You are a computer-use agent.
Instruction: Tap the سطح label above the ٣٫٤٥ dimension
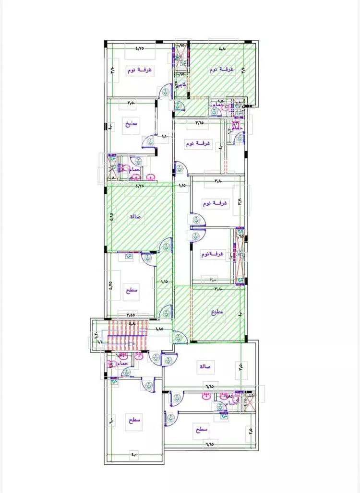[132, 290]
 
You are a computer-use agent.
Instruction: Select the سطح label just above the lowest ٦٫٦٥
[201, 430]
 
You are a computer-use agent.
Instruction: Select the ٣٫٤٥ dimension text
[131, 315]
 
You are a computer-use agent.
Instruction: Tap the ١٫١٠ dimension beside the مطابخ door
[165, 138]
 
